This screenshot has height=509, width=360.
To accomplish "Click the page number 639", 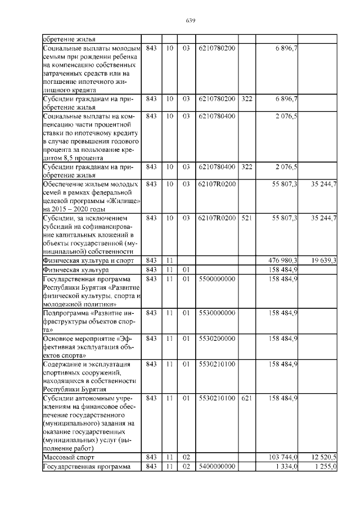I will click(190, 21).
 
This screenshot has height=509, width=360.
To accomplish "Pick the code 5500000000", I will click(217, 279).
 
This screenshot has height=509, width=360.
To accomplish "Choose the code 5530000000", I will click(217, 312).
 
